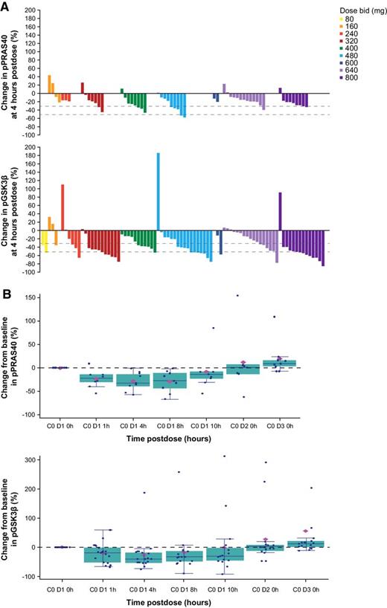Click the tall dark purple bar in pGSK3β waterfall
pyautogui.click(x=280, y=211)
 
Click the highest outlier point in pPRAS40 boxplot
pyautogui.click(x=237, y=295)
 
